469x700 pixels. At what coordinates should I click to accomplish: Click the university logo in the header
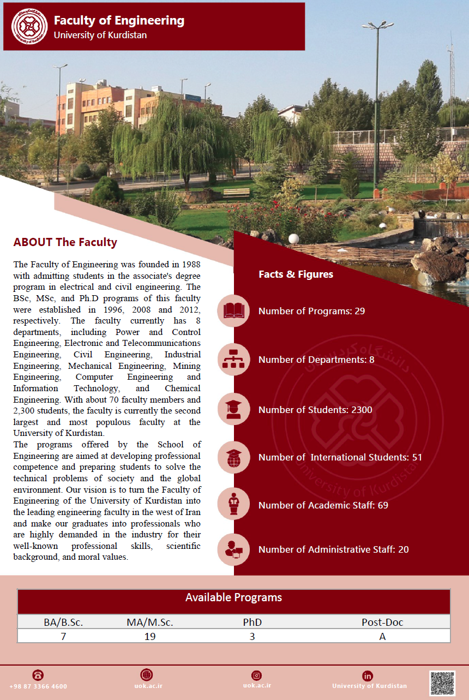26,26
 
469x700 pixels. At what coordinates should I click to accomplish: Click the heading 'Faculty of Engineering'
119,21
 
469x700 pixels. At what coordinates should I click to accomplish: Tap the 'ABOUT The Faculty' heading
65,242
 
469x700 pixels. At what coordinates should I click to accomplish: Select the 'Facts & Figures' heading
296,274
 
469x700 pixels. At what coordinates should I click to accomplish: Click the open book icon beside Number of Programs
233,311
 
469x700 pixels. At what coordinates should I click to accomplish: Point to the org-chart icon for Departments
233,360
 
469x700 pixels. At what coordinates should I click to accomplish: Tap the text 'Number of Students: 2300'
315,410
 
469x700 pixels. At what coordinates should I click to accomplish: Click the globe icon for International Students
233,457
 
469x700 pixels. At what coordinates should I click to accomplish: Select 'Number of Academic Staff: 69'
323,505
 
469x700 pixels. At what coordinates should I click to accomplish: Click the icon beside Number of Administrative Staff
233,549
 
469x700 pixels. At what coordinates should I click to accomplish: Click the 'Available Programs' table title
233,597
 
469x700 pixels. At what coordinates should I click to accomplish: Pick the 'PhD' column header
252,622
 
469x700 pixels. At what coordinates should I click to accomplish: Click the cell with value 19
149,636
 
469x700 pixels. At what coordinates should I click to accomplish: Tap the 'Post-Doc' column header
382,622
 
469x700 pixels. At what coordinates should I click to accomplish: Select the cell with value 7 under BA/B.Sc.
63,636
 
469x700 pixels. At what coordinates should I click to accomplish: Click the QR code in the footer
442,683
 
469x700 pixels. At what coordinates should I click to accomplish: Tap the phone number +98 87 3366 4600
38,686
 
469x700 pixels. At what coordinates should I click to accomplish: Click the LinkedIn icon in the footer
368,675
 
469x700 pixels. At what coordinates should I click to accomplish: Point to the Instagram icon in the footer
257,675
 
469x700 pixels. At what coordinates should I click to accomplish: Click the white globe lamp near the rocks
293,239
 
